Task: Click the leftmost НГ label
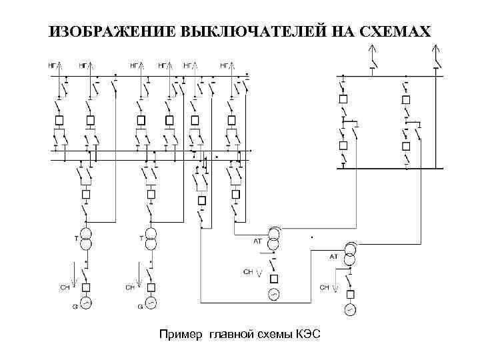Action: tap(51, 65)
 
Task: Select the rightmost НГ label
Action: tap(225, 65)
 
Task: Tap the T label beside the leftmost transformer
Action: tap(75, 237)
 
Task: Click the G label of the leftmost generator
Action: tap(75, 307)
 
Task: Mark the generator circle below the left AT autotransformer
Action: tap(273, 294)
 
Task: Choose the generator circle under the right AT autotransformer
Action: tap(349, 309)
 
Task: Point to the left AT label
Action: tap(257, 241)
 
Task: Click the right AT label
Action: tap(333, 256)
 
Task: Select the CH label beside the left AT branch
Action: tap(247, 272)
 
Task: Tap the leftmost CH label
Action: tap(64, 287)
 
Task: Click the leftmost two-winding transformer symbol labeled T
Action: tap(86, 239)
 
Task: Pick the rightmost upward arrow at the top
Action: tap(436, 49)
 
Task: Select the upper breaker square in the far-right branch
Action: tap(406, 99)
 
